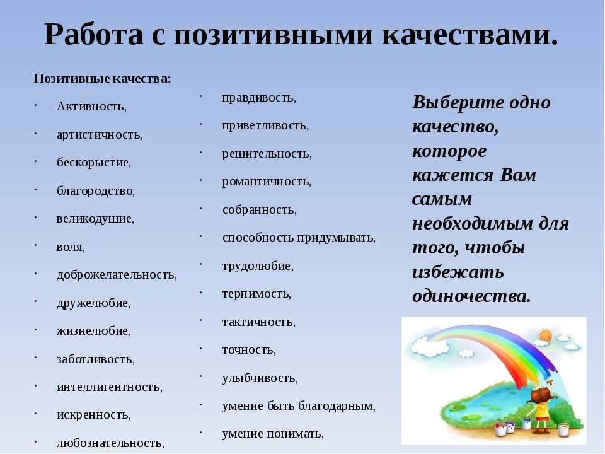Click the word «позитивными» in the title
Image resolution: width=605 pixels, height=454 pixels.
[x=274, y=35]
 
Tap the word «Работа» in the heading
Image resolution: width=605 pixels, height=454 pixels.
[x=94, y=35]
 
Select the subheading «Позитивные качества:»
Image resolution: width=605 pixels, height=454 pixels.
[x=102, y=79]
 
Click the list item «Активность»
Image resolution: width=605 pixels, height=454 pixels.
[x=91, y=106]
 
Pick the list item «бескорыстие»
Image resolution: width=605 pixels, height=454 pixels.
[x=94, y=163]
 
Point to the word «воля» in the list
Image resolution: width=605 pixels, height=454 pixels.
[x=71, y=247]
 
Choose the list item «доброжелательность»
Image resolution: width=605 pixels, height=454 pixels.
[x=117, y=275]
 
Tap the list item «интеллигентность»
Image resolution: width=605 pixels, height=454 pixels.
[x=109, y=387]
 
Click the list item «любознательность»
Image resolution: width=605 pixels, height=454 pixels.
[x=110, y=443]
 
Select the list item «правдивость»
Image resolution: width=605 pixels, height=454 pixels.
[x=259, y=98]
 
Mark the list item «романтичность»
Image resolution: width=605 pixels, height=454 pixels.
[x=267, y=182]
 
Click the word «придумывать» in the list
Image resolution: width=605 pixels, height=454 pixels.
[x=336, y=238]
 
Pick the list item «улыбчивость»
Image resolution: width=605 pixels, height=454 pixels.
[x=260, y=378]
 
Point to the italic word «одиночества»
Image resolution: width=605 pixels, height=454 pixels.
[x=471, y=296]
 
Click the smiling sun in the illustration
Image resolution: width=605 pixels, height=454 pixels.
[x=545, y=335]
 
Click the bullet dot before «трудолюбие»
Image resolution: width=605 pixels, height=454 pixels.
[x=200, y=264]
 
